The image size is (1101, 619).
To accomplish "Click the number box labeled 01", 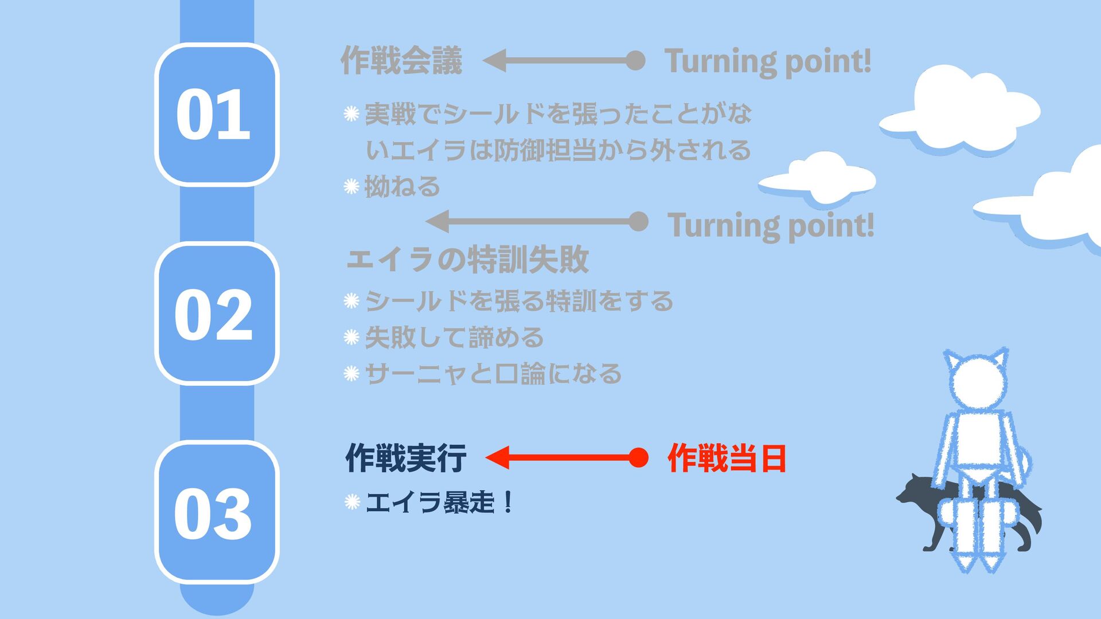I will pos(216,114).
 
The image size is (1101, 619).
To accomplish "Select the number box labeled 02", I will pos(216,314).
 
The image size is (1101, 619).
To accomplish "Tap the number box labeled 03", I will pos(216,512).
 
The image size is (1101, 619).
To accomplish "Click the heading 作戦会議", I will pos(401,61).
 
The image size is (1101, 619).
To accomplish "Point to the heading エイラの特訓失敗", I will pos(467,259).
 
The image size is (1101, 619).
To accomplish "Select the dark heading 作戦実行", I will pos(405,458).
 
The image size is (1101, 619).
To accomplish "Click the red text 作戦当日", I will pos(726,458).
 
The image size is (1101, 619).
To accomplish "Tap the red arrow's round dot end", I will pos(638,457).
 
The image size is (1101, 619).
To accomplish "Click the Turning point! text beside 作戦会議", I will pos(767,61).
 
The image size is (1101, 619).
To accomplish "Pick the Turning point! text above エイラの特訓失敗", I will pos(771,225).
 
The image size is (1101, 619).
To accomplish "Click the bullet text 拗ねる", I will pos(402,186).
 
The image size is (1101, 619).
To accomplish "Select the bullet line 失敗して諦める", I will pos(454,337).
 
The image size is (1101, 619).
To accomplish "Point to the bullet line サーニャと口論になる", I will pos(493,374).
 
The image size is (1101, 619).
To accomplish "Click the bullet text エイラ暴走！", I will pos(439,503).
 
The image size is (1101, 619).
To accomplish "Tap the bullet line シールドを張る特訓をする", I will pos(519,301).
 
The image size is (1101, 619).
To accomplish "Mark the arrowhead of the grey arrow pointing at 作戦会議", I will pos(494,60).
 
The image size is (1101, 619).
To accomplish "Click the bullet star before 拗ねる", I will pos(351,186).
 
